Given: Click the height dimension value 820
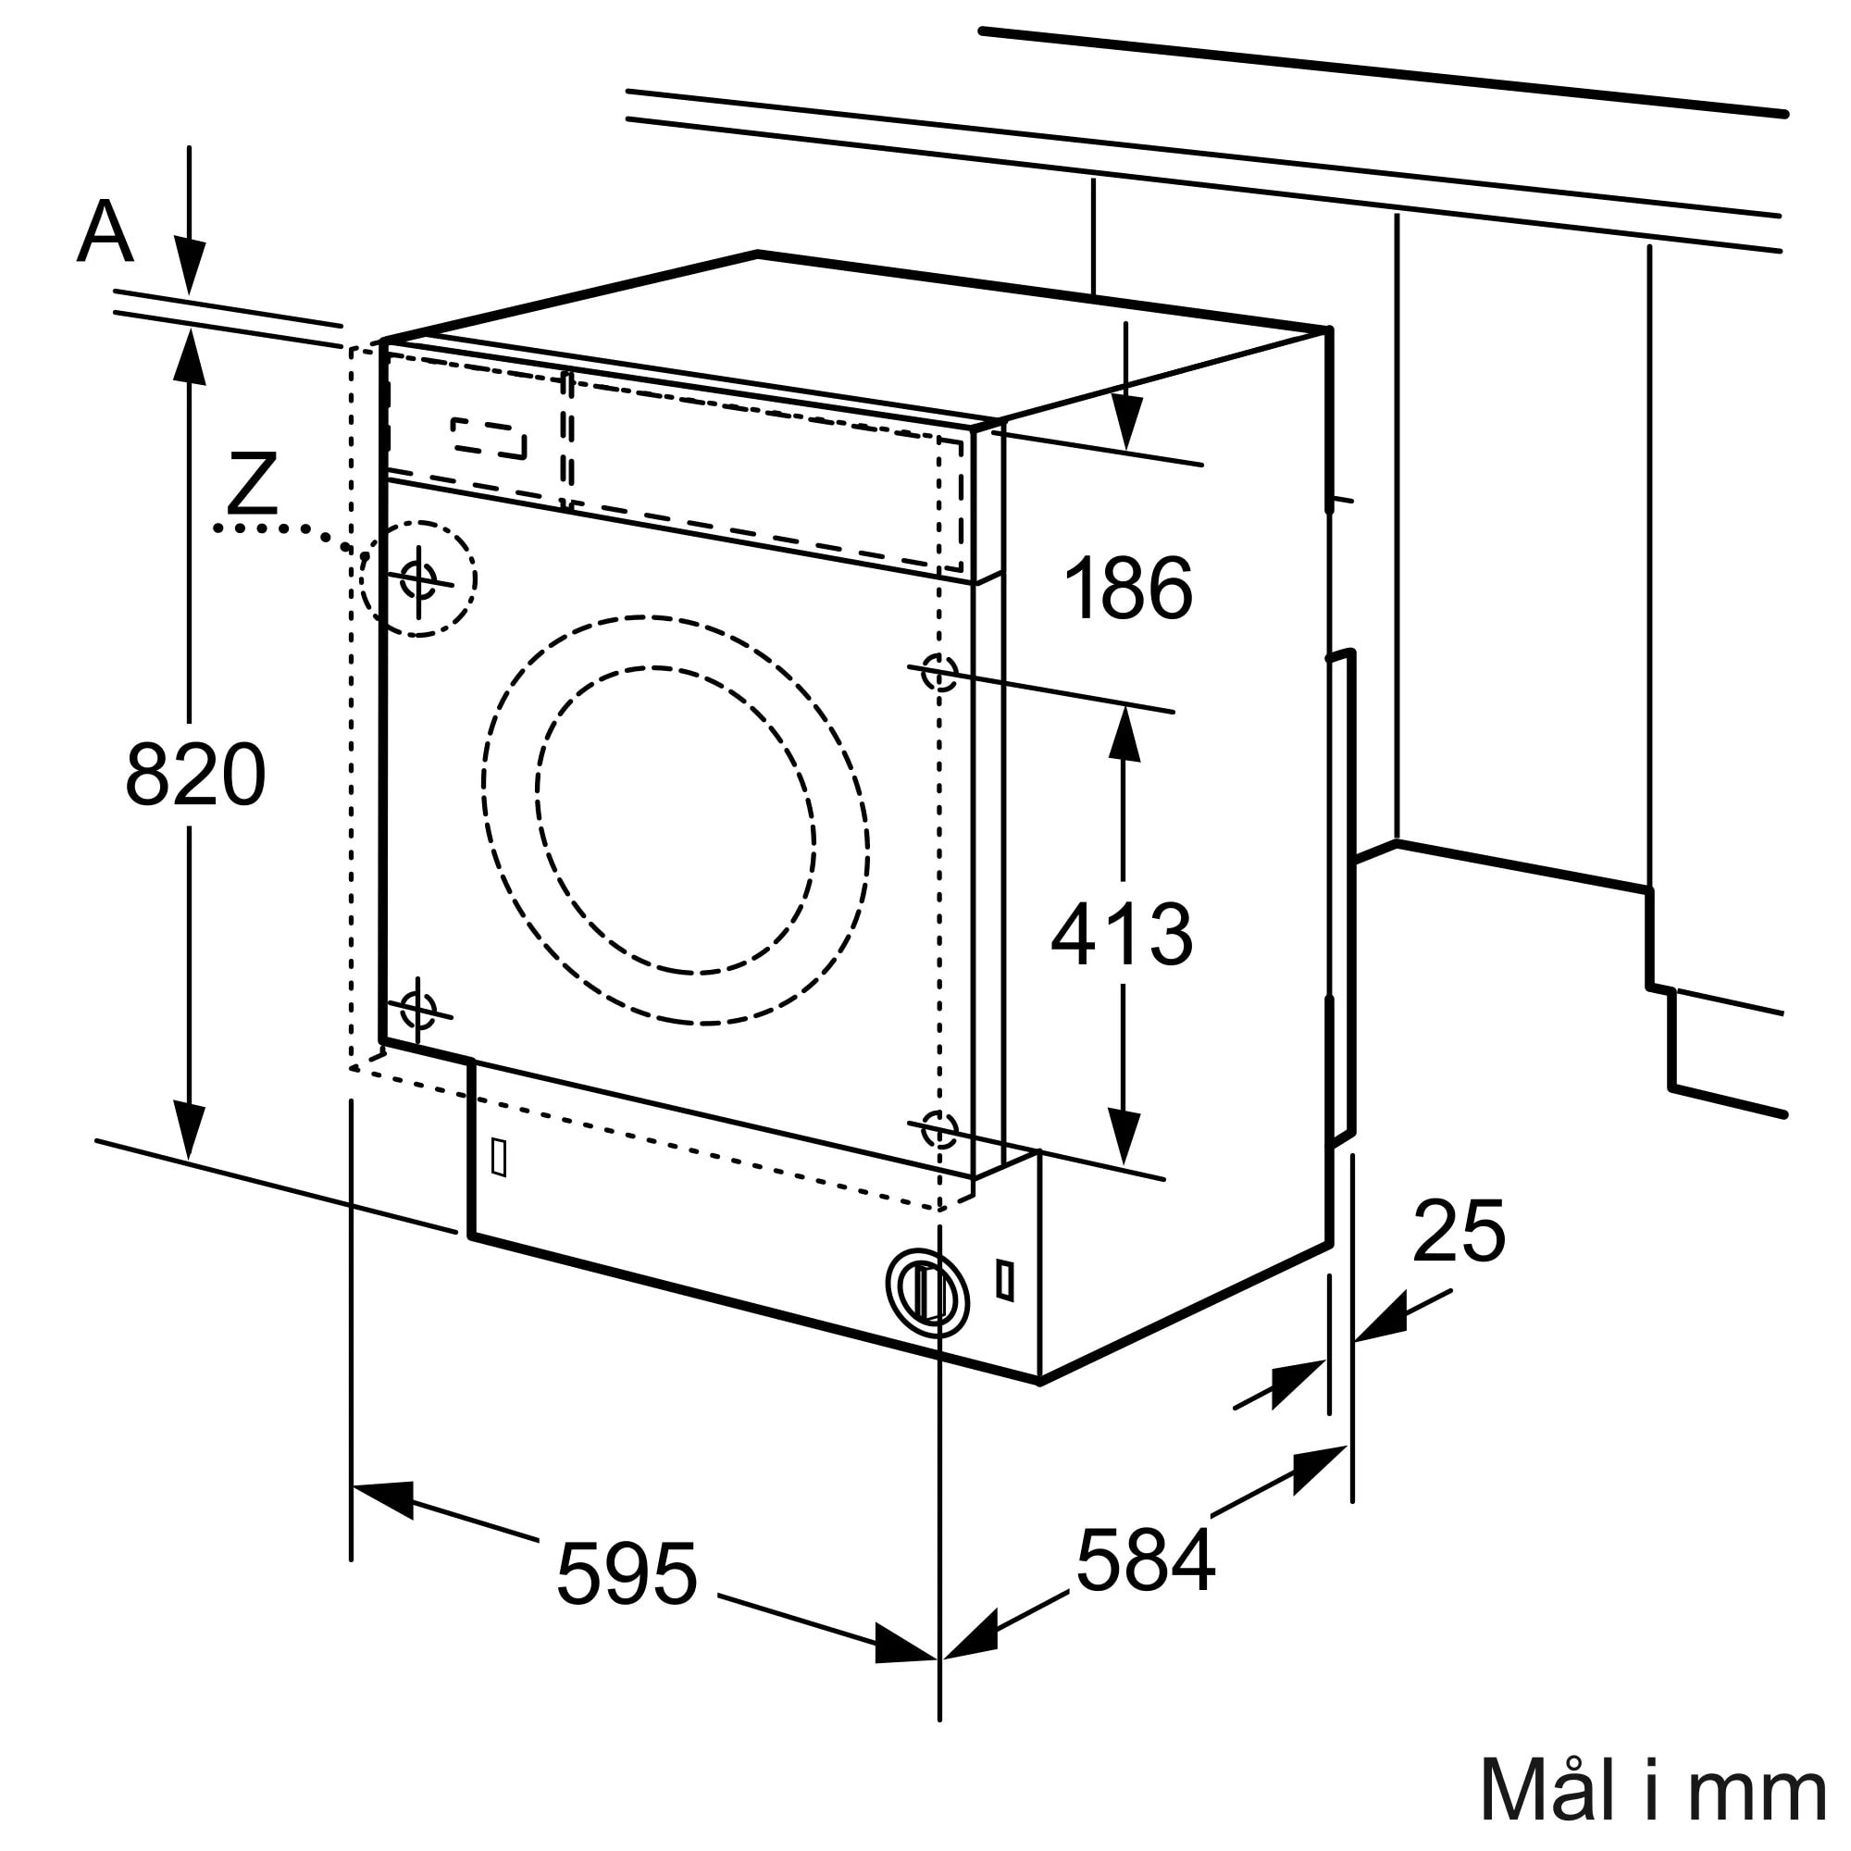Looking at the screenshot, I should click(x=195, y=775).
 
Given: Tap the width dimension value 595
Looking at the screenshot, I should click(x=627, y=1575).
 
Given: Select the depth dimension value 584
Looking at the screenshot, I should click(x=1145, y=1560).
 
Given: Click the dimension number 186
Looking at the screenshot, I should click(x=1128, y=589).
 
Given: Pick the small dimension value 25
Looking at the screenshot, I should click(x=1459, y=1231).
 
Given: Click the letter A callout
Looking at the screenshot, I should click(x=105, y=232).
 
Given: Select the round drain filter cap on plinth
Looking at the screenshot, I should click(x=926, y=1294).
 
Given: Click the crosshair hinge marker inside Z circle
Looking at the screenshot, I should click(x=418, y=578).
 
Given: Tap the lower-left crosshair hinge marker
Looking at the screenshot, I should click(x=417, y=1010).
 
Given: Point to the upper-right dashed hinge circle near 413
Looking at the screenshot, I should click(x=938, y=673).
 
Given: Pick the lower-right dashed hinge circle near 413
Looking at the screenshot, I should click(x=938, y=1129).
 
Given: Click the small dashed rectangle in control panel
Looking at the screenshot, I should click(x=489, y=438).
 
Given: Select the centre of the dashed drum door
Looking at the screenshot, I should click(x=676, y=820).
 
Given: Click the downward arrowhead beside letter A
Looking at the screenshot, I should click(x=190, y=268).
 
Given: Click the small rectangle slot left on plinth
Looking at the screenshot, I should click(x=498, y=1158).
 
